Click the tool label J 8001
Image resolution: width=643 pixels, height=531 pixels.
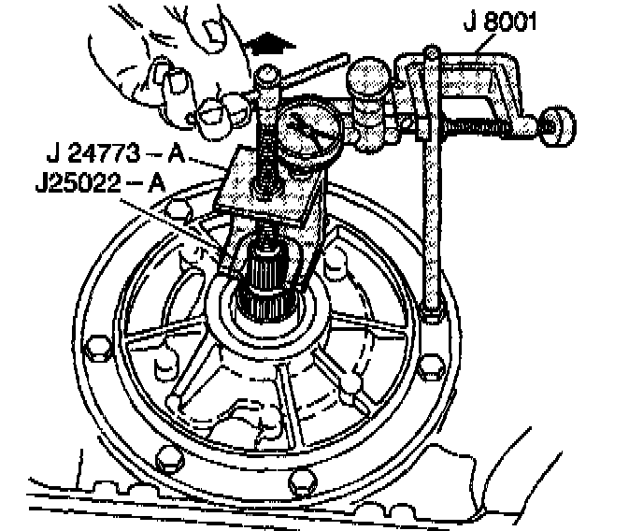click(x=499, y=21)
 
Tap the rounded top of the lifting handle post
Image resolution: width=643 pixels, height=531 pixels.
click(x=266, y=72)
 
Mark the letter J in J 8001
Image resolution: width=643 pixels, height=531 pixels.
click(x=466, y=21)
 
